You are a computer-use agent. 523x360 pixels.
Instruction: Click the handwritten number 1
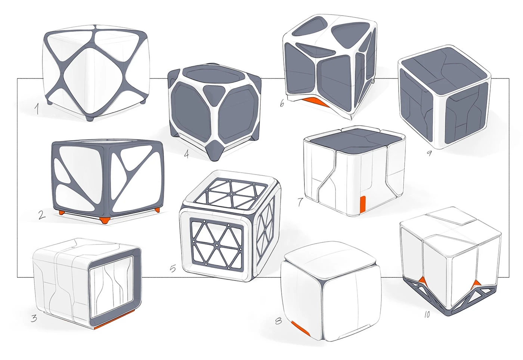tap(37, 109)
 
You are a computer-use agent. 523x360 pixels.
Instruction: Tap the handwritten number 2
tap(41, 215)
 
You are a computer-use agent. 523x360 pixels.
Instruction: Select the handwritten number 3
tap(34, 318)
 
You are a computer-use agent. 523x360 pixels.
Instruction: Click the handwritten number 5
tap(173, 268)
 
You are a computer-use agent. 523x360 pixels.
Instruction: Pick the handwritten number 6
tap(282, 103)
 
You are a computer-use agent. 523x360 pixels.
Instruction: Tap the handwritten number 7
tap(300, 202)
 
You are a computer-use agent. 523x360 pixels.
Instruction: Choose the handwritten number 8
tap(278, 321)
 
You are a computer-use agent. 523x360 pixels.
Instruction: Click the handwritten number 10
tap(427, 315)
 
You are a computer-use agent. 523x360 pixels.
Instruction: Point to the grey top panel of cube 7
tap(353, 141)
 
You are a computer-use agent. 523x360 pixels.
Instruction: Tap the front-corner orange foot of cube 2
tap(105, 220)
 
